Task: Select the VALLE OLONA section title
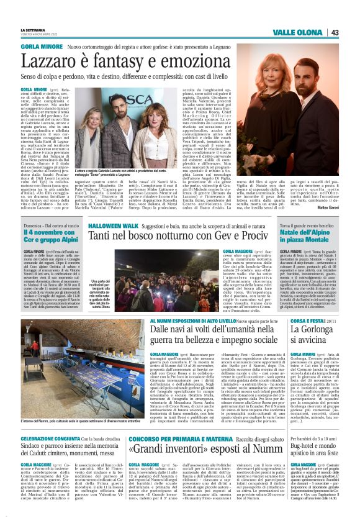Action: pyautogui.click(x=300, y=32)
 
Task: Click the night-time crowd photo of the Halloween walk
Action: pyautogui.click(x=176, y=278)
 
